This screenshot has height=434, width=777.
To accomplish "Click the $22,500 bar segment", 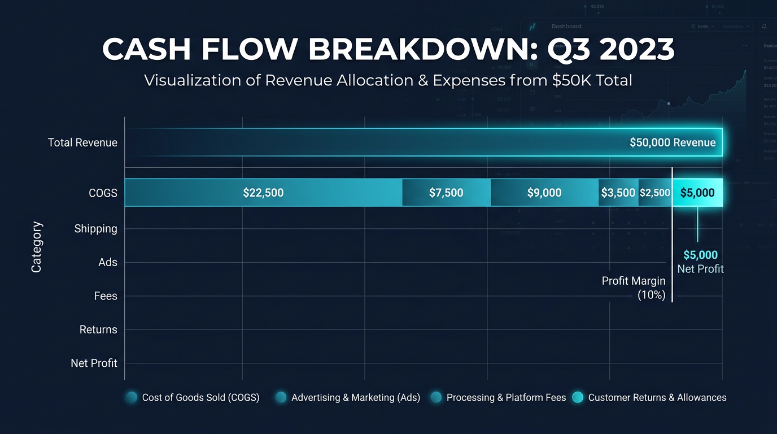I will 263,193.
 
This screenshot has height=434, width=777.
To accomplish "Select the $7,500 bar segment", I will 446,193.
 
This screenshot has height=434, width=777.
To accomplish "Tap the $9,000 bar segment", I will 544,193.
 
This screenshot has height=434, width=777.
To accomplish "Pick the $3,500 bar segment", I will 618,193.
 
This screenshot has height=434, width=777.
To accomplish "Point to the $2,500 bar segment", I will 655,193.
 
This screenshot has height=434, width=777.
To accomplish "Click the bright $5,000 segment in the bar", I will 697,193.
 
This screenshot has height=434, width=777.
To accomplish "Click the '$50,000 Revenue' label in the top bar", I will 673,142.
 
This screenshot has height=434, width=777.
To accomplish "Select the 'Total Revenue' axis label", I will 82,142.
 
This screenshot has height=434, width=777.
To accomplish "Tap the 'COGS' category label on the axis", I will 103,193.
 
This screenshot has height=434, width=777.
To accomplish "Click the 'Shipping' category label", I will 95,229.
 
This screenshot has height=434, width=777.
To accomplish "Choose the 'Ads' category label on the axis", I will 108,262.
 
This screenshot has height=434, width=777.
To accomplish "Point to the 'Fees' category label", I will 106,296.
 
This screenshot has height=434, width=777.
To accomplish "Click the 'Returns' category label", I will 98,329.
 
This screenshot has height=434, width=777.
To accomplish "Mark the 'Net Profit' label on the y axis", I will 94,363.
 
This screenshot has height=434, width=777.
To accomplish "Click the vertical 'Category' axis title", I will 37,247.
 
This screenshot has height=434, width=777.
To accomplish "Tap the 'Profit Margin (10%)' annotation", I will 634,288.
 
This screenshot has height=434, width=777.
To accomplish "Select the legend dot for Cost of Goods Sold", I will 132,397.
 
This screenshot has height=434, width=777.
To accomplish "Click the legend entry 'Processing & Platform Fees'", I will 506,397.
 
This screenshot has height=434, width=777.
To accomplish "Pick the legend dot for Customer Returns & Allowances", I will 577,397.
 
